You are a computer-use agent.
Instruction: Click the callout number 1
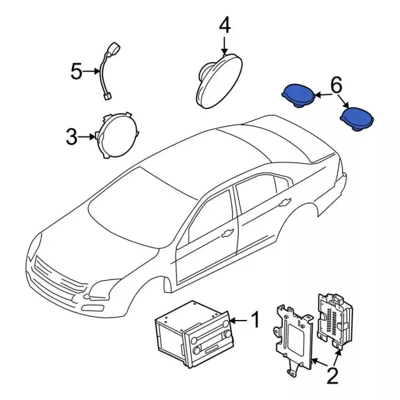254,321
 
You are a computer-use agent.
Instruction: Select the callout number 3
71,136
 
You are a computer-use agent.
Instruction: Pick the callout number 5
76,72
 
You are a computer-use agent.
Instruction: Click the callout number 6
336,84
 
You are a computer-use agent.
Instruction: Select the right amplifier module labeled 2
335,319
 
